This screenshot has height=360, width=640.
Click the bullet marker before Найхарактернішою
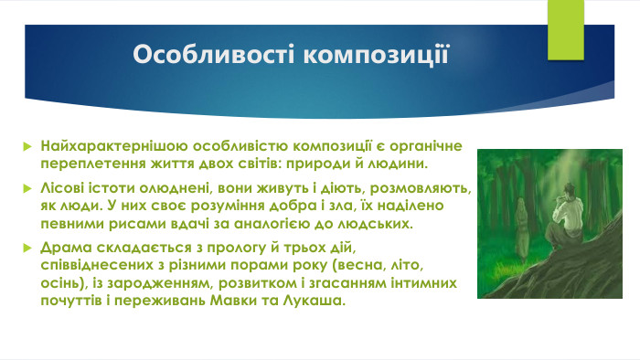click(27, 146)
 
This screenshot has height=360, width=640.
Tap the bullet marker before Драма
click(27, 249)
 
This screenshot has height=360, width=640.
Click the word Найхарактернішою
click(101, 146)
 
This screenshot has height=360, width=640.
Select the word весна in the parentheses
click(340, 265)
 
